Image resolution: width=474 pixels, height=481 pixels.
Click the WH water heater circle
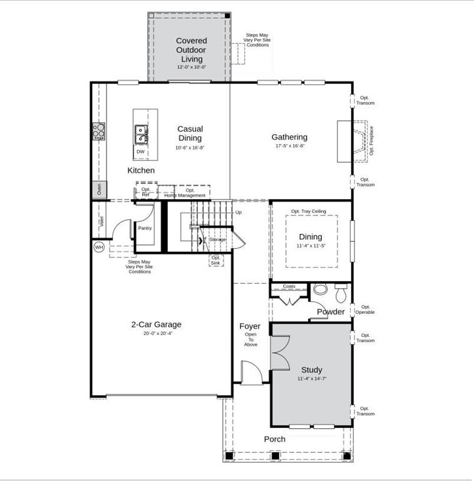(99, 247)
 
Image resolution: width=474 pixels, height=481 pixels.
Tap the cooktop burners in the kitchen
(99, 132)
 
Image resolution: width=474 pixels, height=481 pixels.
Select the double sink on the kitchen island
(141, 135)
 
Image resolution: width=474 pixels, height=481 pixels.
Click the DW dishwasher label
(140, 152)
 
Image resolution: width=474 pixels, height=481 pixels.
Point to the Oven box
(100, 189)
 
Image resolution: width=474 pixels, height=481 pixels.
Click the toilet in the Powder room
(341, 293)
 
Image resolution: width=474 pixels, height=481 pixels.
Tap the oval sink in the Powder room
(320, 289)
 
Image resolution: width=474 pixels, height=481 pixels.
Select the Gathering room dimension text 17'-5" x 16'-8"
(290, 146)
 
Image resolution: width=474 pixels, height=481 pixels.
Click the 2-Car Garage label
(157, 324)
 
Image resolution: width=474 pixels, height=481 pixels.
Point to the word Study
(311, 370)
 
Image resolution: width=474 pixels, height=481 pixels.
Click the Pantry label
(145, 228)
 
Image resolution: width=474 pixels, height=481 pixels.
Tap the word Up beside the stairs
(238, 212)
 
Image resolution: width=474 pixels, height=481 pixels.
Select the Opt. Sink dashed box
(216, 261)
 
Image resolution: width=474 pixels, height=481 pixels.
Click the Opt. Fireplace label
(371, 141)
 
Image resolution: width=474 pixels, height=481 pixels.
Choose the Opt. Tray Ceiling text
(309, 211)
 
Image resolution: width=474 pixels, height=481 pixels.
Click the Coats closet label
(289, 286)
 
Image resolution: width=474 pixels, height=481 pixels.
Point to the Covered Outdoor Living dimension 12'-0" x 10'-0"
(192, 67)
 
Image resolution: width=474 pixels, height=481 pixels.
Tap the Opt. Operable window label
(365, 309)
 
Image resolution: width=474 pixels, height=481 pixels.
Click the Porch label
(275, 439)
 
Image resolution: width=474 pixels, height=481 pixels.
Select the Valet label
(101, 222)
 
